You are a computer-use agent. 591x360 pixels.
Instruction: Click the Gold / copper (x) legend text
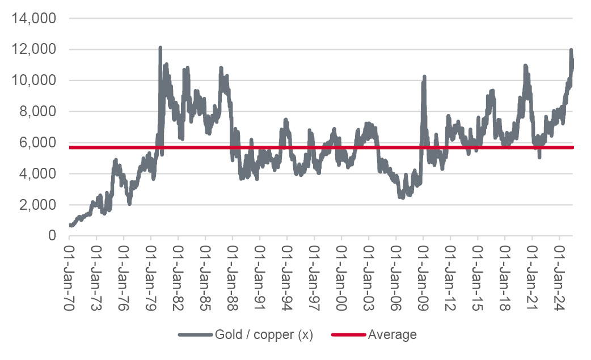(264, 335)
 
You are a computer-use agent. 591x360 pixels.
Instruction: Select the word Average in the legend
(392, 335)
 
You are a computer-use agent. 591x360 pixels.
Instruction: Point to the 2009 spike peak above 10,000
(424, 77)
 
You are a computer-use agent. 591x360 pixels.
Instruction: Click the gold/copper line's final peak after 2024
(571, 50)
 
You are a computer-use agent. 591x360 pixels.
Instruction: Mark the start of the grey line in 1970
(70, 226)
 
